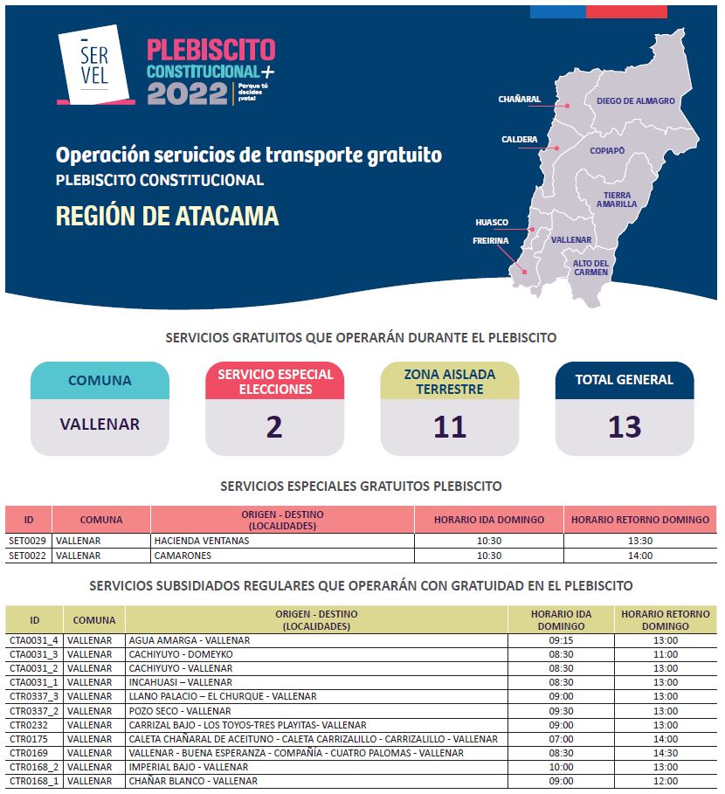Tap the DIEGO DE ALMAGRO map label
pyautogui.click(x=635, y=101)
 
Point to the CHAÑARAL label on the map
pyautogui.click(x=520, y=100)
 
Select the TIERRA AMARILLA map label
pyautogui.click(x=617, y=200)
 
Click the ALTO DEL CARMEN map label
pyautogui.click(x=590, y=267)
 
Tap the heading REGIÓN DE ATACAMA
pyautogui.click(x=167, y=216)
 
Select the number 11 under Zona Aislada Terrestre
pyautogui.click(x=450, y=427)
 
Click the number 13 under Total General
pyautogui.click(x=625, y=427)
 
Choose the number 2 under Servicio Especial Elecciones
pyautogui.click(x=274, y=427)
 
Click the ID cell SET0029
pyautogui.click(x=27, y=541)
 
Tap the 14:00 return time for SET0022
pyautogui.click(x=640, y=556)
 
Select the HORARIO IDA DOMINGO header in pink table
pyautogui.click(x=489, y=520)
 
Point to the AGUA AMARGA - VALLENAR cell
pyautogui.click(x=190, y=640)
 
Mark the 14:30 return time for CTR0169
pyautogui.click(x=666, y=753)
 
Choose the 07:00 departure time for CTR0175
pyautogui.click(x=561, y=739)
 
